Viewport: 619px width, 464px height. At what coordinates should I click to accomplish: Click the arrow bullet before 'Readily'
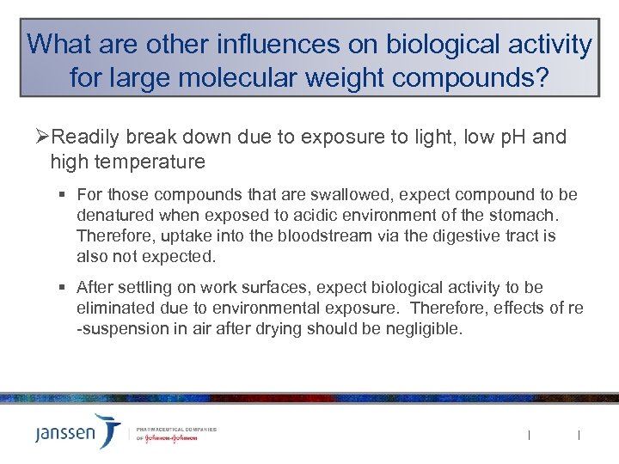pos(43,138)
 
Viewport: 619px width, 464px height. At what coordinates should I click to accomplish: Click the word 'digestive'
pos(465,235)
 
